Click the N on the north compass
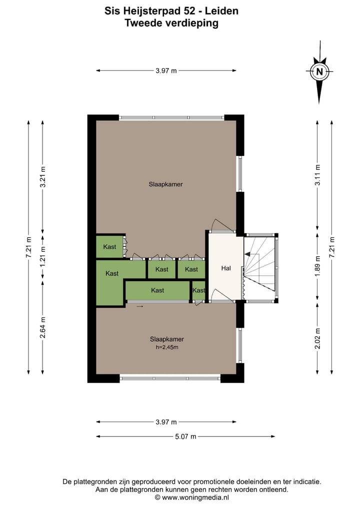coord(319,71)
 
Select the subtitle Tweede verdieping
coord(171,22)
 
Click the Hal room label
coord(225,268)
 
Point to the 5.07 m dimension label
coord(185,436)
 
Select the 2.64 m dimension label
coord(42,328)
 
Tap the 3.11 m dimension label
coord(317,176)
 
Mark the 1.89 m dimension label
coord(317,268)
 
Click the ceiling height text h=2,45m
coord(166,347)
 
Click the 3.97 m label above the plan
coord(166,70)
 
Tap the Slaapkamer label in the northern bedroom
coord(165,184)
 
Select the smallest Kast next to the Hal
coord(198,290)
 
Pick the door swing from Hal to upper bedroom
coord(220,226)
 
